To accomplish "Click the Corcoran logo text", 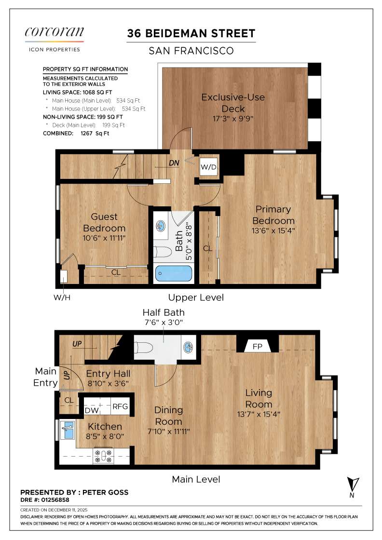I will click(54, 33).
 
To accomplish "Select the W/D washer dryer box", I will click(208, 167).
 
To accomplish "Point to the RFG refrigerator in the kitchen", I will click(120, 406).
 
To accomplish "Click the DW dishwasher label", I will click(92, 410).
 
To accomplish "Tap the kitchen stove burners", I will click(103, 455).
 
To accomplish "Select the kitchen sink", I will click(68, 429).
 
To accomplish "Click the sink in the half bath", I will click(189, 347).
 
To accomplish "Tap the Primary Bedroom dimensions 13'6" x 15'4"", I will click(273, 230).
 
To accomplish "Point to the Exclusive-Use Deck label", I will click(233, 103).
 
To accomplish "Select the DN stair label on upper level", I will click(174, 163).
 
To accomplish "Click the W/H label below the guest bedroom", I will click(62, 297).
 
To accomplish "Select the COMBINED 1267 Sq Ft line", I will click(76, 134).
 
